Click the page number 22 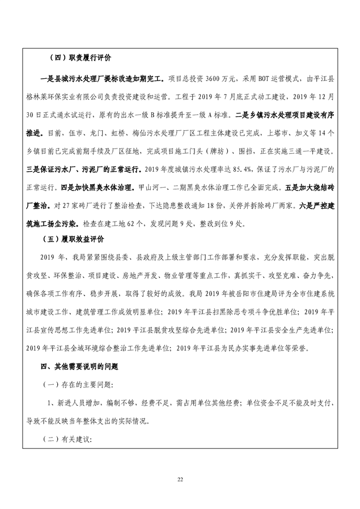tap(180, 481)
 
